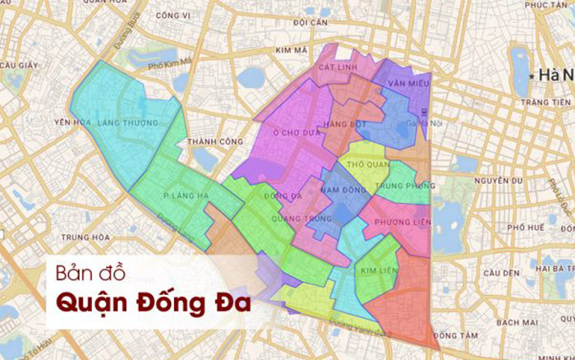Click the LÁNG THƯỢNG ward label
tap(128, 123)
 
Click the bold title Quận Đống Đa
tap(153, 301)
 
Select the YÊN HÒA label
tap(70, 122)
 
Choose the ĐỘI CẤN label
tap(309, 22)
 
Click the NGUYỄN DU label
tap(499, 180)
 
